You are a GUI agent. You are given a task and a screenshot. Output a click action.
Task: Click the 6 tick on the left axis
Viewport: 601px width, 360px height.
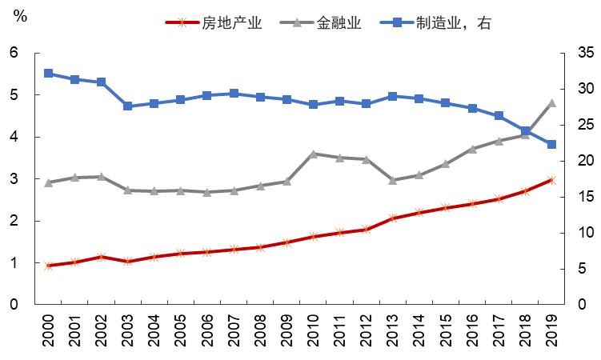14,53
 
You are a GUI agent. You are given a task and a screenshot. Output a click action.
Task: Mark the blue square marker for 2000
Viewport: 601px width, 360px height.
49,74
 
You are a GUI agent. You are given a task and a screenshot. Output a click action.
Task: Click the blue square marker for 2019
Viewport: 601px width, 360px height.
551,145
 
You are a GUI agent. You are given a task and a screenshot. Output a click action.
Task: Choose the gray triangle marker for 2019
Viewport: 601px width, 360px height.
551,102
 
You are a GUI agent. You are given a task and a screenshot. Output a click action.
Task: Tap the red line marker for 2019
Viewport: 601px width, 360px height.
551,180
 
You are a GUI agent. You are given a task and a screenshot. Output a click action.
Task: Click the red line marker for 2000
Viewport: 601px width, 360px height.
49,266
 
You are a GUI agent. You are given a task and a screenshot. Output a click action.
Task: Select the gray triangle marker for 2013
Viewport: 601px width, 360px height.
393,180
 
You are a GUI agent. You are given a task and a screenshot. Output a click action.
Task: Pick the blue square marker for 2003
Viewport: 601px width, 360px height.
128,106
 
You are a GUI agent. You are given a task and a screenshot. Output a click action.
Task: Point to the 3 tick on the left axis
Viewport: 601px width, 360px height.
14,178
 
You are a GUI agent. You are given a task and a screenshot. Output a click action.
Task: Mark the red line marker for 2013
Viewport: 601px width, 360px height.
393,218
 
